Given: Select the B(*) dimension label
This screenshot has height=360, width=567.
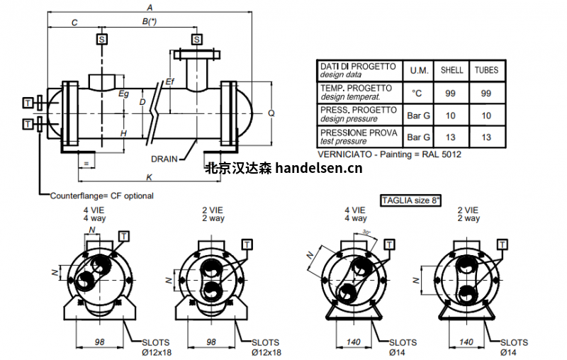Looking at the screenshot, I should pos(148,23).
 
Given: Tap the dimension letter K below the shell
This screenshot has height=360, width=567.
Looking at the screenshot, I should pos(148,176).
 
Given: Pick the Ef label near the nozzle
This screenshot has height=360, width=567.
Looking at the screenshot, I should pos(169,82).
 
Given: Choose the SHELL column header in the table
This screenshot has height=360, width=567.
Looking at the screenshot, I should pos(451,70).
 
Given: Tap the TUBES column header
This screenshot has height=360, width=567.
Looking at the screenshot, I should pos(486,70).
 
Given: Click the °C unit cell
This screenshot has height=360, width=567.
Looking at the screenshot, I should pos(416,93).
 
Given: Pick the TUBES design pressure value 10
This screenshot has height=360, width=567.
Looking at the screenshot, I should pos(486,115).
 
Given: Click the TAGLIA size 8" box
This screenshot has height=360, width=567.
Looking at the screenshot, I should pos(411,201).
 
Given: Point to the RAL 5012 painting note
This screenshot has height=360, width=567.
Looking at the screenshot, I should pos(385,153).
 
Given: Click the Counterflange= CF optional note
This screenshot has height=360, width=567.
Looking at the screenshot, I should pos(101,196).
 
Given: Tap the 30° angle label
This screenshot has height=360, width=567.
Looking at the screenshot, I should pos(366,232).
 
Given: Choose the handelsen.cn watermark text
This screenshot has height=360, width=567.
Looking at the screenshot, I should pos(283,169).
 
